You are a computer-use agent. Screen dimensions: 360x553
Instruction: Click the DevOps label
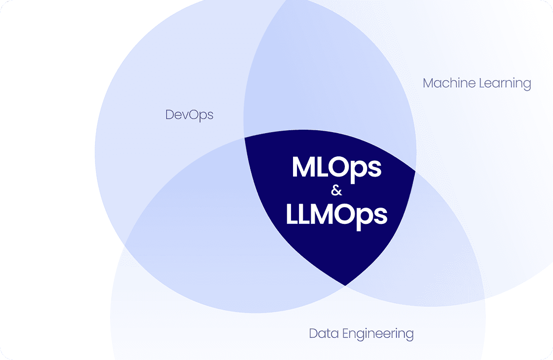(189, 115)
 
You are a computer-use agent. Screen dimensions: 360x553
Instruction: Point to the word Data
(323, 333)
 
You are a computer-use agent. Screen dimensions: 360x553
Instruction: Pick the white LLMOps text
(336, 215)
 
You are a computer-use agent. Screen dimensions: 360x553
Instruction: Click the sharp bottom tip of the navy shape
(345, 285)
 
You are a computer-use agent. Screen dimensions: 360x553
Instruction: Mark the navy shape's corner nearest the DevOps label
(246, 138)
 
